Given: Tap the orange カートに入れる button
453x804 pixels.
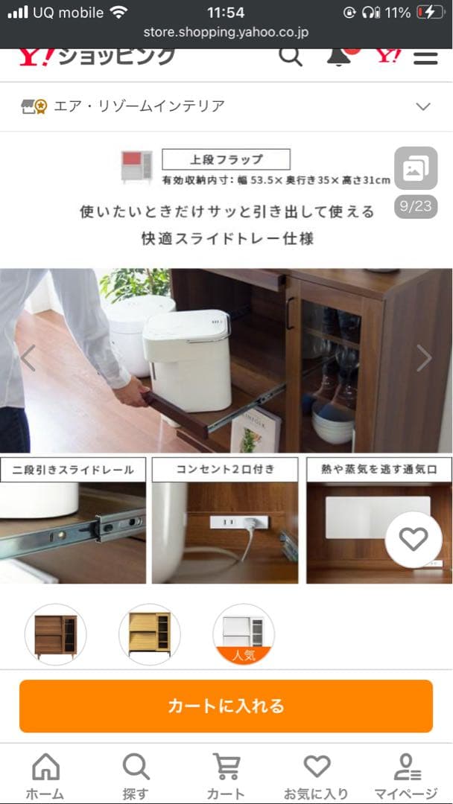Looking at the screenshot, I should pyautogui.click(x=226, y=706).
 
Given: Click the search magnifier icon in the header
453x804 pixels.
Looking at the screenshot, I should pyautogui.click(x=291, y=56).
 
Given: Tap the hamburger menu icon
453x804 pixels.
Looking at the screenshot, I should pyautogui.click(x=425, y=57).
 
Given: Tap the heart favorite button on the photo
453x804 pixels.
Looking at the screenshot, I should pyautogui.click(x=414, y=540).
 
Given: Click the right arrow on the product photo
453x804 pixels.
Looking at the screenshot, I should pyautogui.click(x=424, y=359).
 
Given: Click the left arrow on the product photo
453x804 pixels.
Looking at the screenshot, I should pyautogui.click(x=28, y=359).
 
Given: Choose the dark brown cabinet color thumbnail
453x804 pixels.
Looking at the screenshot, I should pyautogui.click(x=55, y=634).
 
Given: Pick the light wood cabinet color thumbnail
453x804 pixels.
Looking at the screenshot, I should pyautogui.click(x=149, y=634).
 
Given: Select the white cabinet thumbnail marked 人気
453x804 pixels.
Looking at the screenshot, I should pyautogui.click(x=244, y=633).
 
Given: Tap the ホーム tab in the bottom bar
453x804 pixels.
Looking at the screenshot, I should pyautogui.click(x=45, y=776).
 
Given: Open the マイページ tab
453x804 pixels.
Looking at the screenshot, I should pyautogui.click(x=406, y=776).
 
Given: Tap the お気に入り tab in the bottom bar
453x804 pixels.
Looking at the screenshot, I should pyautogui.click(x=316, y=776).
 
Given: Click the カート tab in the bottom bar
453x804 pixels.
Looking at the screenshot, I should pyautogui.click(x=226, y=776).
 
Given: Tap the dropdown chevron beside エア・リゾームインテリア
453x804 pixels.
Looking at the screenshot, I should pyautogui.click(x=423, y=106).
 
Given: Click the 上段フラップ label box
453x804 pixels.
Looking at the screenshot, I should pyautogui.click(x=226, y=159).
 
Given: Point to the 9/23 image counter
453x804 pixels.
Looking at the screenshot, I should pyautogui.click(x=415, y=206).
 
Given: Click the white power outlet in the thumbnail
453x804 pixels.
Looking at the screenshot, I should pyautogui.click(x=224, y=523).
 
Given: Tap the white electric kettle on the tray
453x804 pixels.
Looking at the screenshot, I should pyautogui.click(x=188, y=358).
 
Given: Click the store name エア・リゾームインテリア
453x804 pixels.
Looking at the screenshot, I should pyautogui.click(x=139, y=106).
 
